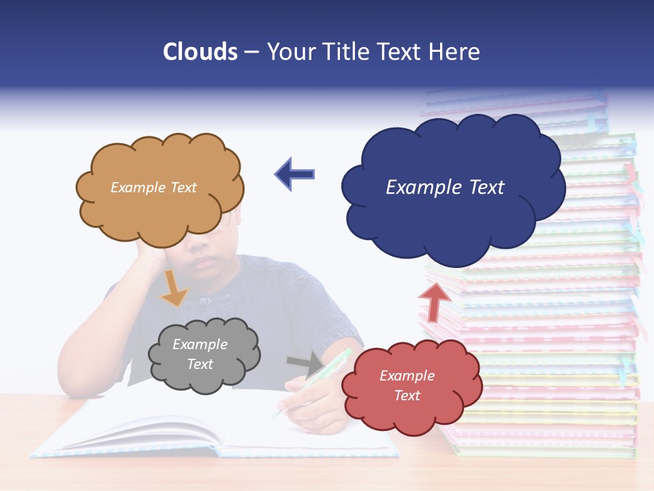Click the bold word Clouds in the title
tap(200, 51)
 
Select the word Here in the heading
tap(455, 51)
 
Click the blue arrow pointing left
tap(294, 173)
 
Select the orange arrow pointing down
tap(173, 288)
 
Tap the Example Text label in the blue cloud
tap(445, 188)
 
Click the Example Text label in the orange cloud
tap(153, 188)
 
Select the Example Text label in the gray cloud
tap(200, 355)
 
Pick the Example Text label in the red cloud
tap(407, 385)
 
